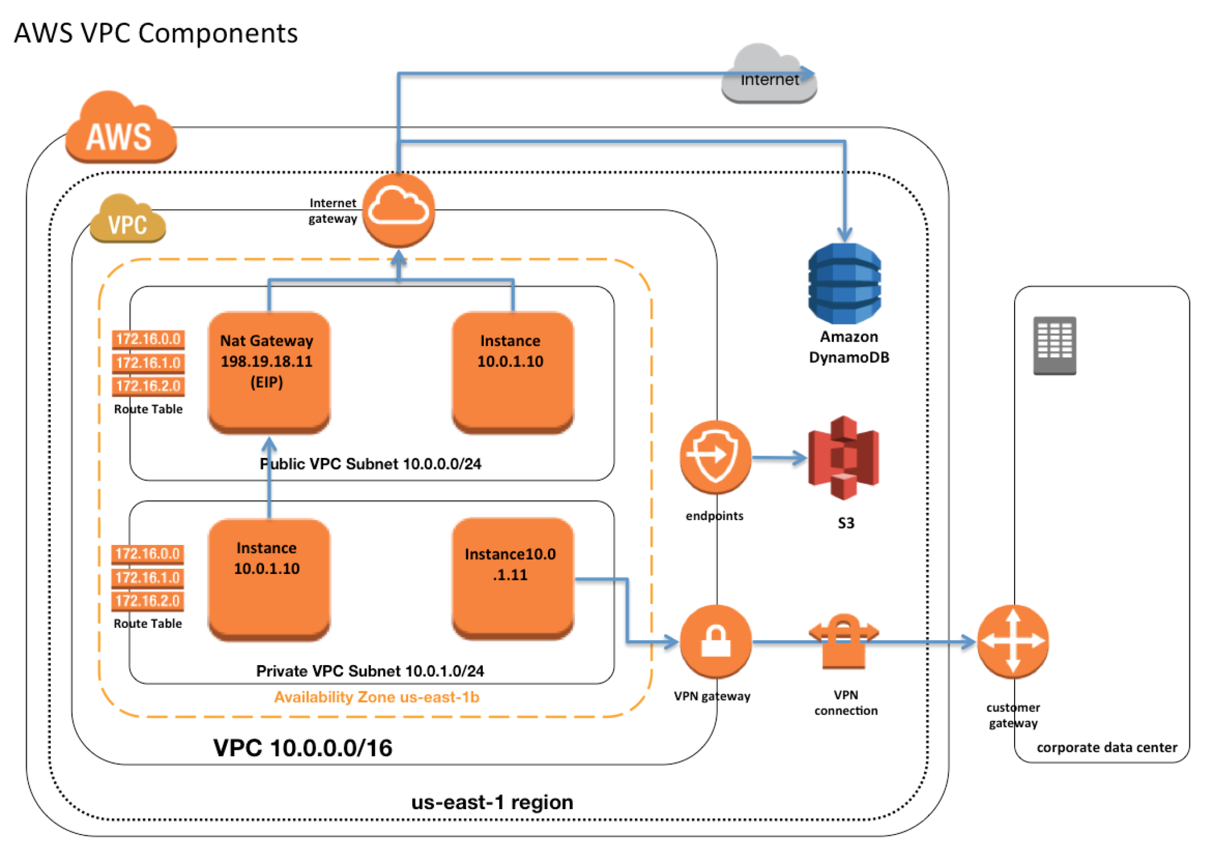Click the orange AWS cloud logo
pos(120,129)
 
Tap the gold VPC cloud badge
pos(127,220)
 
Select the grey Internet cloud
pos(768,76)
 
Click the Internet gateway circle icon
pos(398,210)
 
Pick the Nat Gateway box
pos(268,371)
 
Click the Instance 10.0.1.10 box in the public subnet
pos(512,371)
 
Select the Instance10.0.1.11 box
pos(512,578)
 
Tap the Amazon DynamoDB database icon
pos(844,283)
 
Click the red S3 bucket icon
pos(843,457)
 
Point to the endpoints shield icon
pos(715,457)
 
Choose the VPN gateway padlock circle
pos(715,641)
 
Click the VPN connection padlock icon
pos(843,641)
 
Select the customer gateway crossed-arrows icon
pos(1012,641)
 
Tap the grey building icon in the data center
pos(1054,345)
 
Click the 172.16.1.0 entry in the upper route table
pos(148,362)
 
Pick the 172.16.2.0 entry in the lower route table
pos(147,601)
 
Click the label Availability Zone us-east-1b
pos(376,697)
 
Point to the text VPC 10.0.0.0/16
pos(302,747)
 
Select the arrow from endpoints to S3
pos(779,457)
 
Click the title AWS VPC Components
pos(156,33)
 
